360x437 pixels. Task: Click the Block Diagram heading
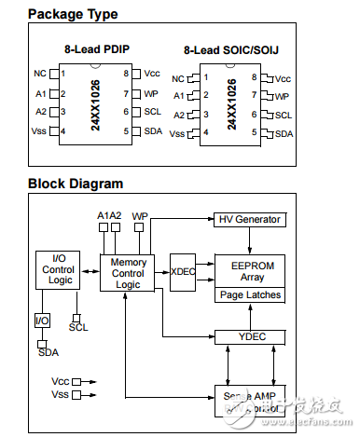76,184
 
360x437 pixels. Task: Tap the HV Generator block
250,219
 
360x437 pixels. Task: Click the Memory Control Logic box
128,274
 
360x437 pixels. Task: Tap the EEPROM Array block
249,271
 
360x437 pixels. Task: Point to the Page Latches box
249,295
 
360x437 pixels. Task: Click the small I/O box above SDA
42,321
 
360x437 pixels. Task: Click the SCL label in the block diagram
78,327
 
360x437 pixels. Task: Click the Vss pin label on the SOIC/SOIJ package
177,134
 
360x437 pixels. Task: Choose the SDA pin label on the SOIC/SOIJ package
284,134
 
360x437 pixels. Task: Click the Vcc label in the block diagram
60,381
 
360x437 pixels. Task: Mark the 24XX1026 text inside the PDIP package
97,102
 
